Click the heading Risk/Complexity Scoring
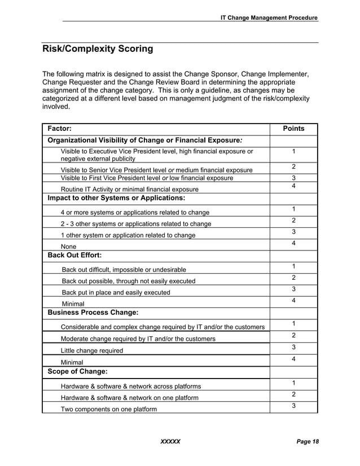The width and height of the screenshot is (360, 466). (98, 49)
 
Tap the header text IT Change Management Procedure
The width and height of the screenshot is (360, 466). (269, 17)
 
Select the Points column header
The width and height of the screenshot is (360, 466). (293, 129)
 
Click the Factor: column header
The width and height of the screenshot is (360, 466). (60, 129)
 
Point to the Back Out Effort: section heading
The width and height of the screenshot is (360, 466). (74, 255)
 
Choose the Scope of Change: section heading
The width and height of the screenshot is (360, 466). (78, 372)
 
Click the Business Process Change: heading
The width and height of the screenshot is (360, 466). (93, 312)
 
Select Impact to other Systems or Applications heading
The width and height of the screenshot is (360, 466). (117, 198)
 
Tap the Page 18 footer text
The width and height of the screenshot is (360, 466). (308, 441)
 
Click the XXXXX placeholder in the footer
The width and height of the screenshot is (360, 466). (170, 441)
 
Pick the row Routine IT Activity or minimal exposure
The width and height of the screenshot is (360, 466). (129, 189)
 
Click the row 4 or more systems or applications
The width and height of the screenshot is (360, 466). (135, 212)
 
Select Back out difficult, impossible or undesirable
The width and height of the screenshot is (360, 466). (124, 270)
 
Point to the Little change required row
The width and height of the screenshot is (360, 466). (91, 350)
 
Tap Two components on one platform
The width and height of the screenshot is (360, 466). (108, 409)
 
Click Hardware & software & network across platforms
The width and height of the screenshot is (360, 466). (130, 386)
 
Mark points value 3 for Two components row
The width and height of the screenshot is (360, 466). (293, 406)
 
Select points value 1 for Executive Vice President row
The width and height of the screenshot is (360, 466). (293, 151)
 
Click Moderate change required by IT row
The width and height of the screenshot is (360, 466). (138, 338)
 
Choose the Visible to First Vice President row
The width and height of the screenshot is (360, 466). (147, 178)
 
